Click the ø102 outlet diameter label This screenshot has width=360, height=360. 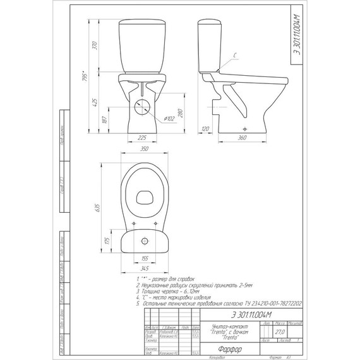[x=170, y=119]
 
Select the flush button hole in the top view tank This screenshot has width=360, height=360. [x=144, y=241]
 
